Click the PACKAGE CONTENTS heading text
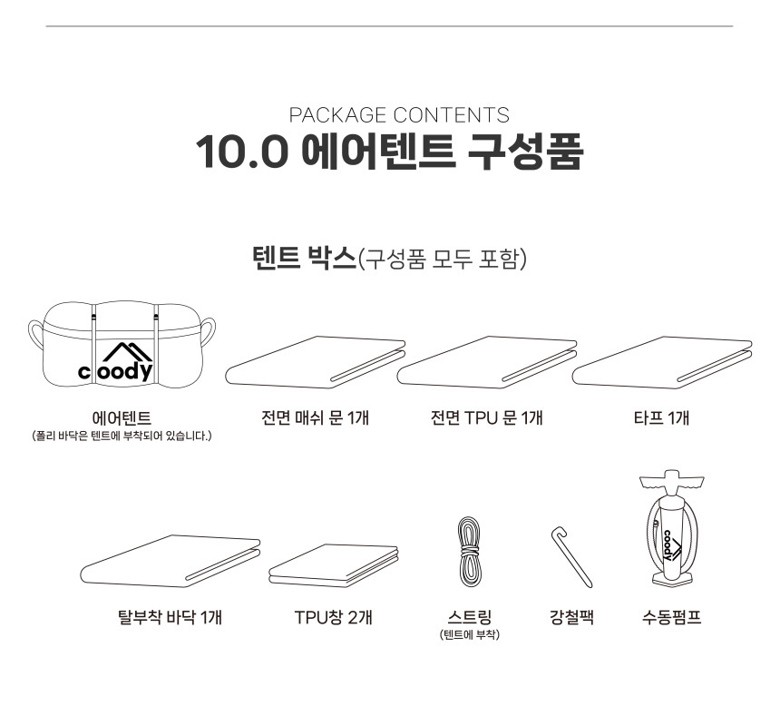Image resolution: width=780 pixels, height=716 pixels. (x=399, y=115)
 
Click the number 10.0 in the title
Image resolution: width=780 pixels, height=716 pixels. (x=242, y=152)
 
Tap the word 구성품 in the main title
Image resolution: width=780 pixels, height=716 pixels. (x=525, y=151)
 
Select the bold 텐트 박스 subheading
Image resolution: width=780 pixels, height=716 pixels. (x=305, y=259)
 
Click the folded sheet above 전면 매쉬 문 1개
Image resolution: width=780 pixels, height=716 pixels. (x=315, y=362)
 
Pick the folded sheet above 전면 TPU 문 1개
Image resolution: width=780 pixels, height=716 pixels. (x=487, y=362)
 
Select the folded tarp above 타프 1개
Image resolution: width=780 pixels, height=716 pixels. (x=661, y=362)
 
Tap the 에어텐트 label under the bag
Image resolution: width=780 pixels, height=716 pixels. (x=122, y=418)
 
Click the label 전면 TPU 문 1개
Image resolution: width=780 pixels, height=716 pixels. (x=486, y=417)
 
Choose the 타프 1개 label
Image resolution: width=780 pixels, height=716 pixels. (x=661, y=417)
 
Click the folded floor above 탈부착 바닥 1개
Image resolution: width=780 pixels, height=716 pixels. (x=171, y=561)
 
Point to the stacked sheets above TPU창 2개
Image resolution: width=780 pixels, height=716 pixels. (x=333, y=565)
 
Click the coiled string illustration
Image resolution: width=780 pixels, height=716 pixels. (x=469, y=552)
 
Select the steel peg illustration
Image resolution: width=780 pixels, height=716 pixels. (x=572, y=558)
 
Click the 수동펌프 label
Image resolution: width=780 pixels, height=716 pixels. (x=671, y=617)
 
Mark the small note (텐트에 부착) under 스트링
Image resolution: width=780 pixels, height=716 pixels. (x=470, y=635)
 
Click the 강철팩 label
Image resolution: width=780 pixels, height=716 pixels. (x=572, y=617)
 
